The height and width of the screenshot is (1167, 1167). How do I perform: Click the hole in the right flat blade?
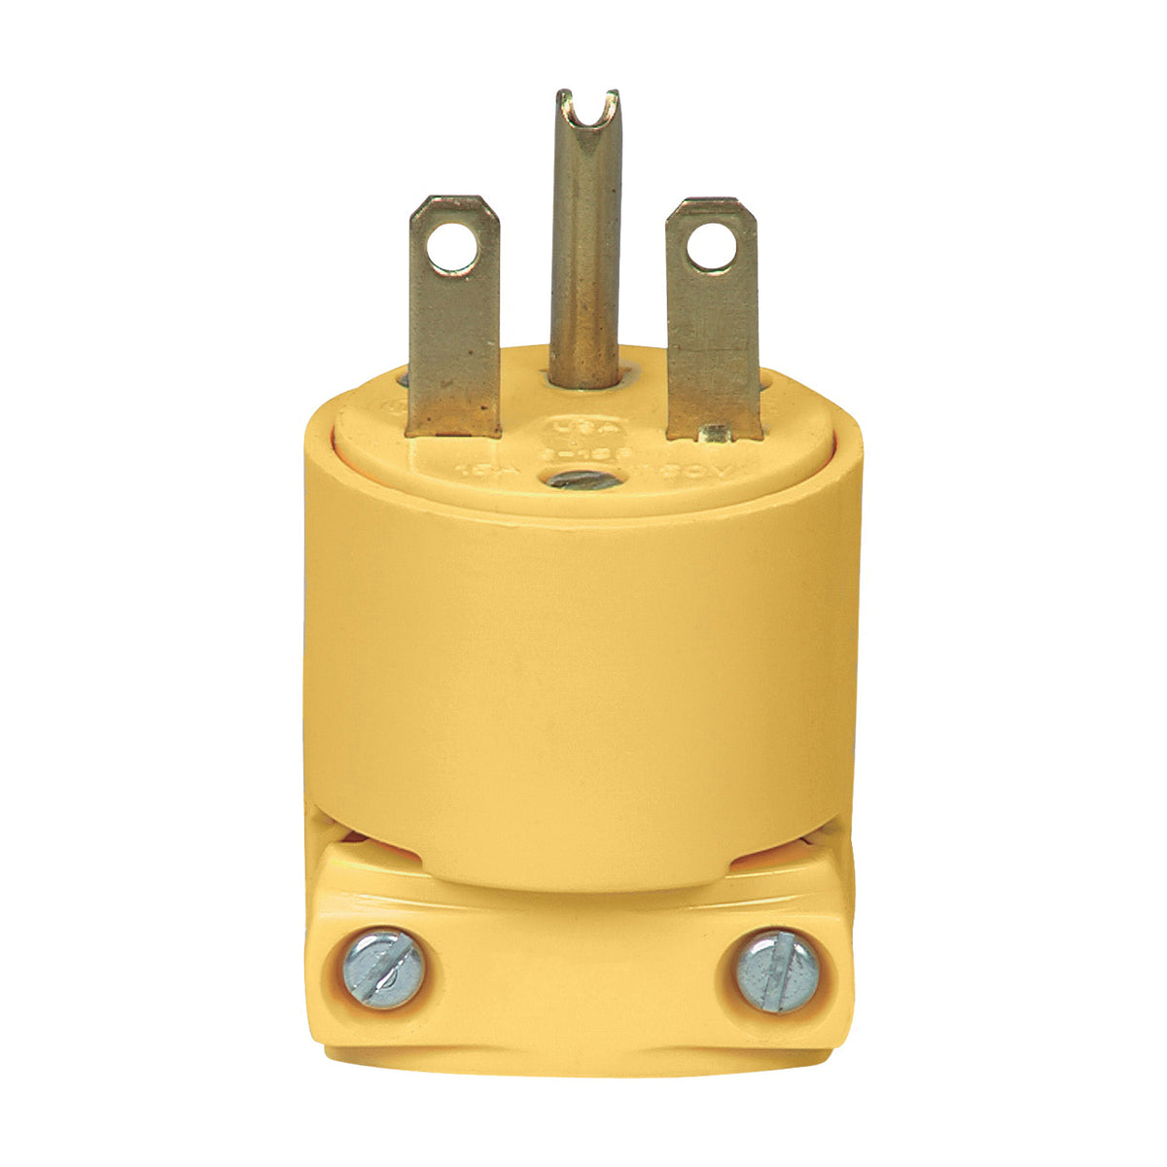pyautogui.click(x=710, y=247)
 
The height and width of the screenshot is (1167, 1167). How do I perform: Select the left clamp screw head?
pyautogui.click(x=383, y=970)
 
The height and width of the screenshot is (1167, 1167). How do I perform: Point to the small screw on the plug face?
pyautogui.click(x=582, y=479)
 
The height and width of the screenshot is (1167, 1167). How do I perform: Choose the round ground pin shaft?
pyautogui.click(x=583, y=253)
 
